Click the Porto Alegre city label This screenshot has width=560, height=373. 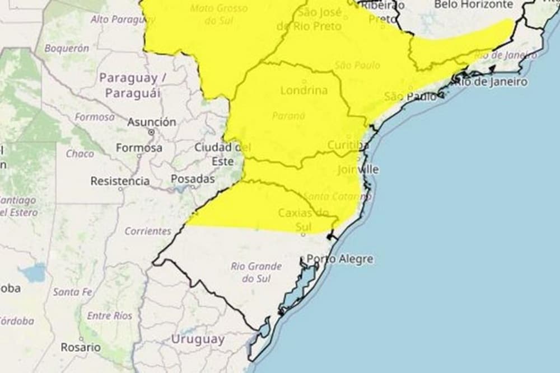pos(340,259)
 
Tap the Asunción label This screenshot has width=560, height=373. pos(151,122)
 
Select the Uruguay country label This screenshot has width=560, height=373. pos(198,339)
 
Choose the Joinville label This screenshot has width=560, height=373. pos(358,169)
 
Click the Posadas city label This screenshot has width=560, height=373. pos(193,179)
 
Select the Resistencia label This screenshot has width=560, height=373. pos(120,181)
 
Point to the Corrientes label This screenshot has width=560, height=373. pos(148,231)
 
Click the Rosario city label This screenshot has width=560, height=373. pos(81,347)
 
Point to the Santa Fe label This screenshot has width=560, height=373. pos(73,291)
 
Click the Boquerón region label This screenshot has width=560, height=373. pos(67,49)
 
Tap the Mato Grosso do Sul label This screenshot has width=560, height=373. pos(218,15)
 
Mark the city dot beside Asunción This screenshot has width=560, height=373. pos(151,132)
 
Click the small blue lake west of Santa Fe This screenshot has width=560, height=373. pos(34,273)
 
